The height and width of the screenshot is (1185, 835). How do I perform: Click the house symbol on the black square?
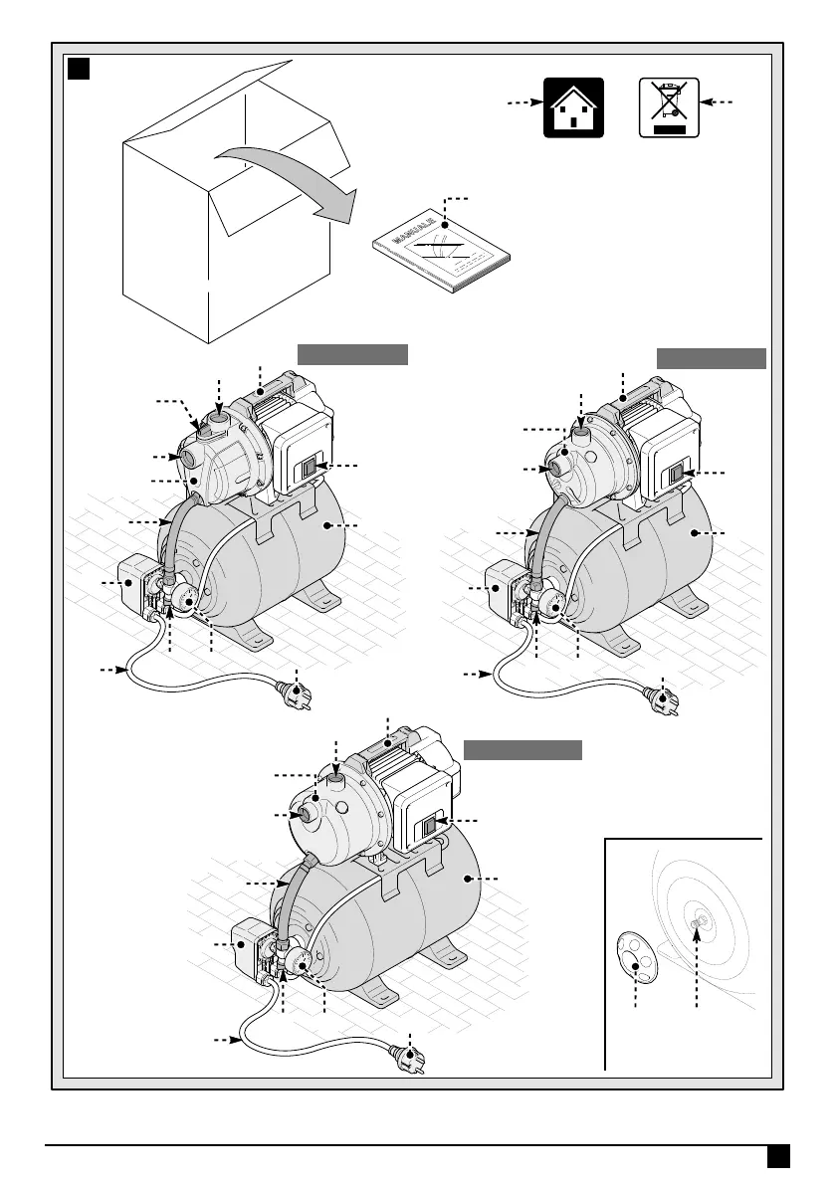pos(573,107)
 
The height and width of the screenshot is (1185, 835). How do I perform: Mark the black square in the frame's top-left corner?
pos(79,69)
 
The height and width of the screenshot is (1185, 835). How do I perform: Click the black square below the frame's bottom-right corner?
pos(778,1154)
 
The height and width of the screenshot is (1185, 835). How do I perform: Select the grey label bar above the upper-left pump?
pos(353,354)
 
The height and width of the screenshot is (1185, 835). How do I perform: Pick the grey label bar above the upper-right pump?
pos(712,358)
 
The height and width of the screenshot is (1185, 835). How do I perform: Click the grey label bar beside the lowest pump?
pos(523,749)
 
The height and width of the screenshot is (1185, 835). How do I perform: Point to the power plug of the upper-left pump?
pos(296,691)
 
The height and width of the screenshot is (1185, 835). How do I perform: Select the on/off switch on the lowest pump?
pos(430,825)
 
